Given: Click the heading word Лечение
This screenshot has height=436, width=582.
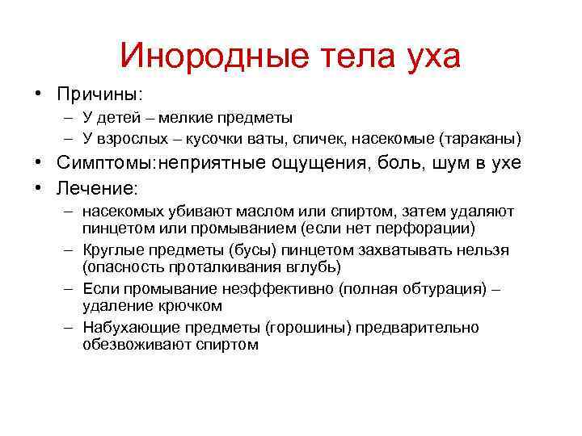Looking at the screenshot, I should tap(98, 188).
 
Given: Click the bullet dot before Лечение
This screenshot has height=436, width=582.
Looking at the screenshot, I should tap(38, 188).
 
